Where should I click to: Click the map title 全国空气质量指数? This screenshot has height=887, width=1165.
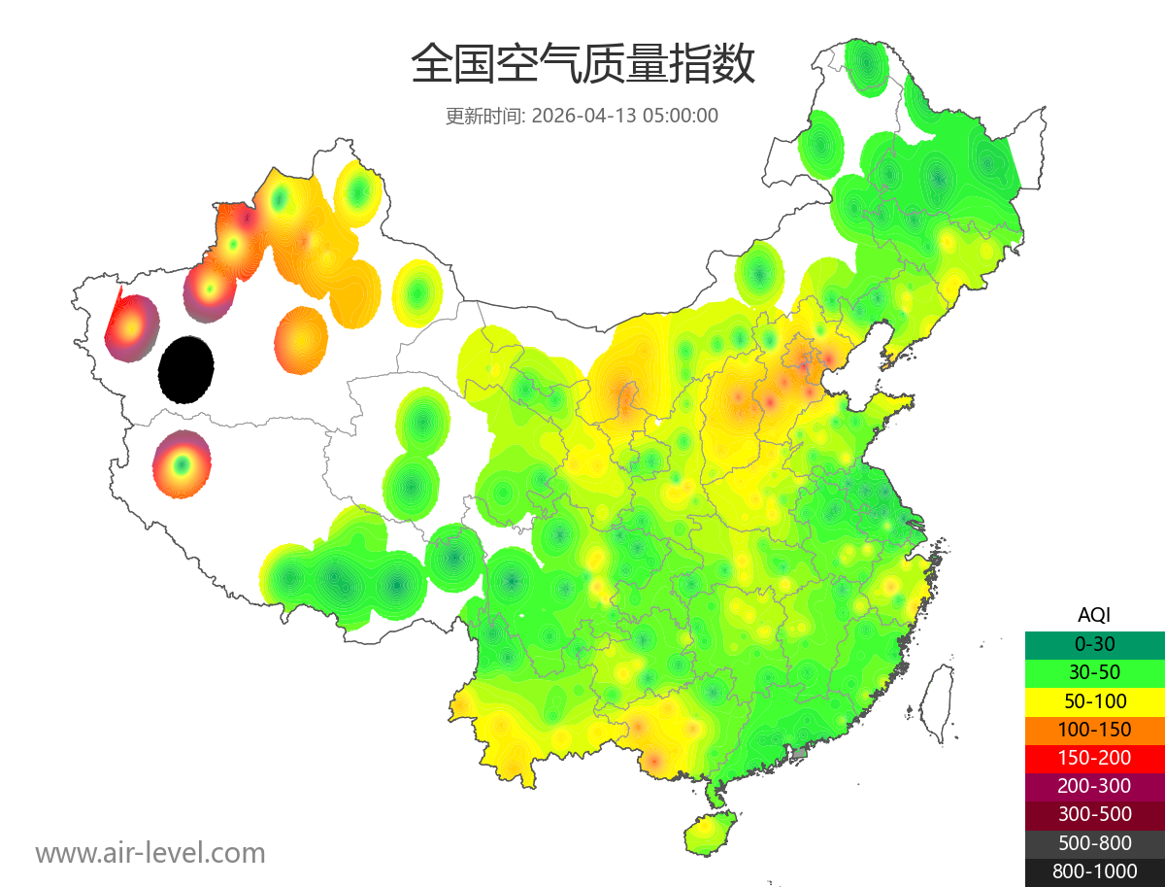[582, 64]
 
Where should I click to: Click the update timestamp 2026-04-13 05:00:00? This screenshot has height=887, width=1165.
[625, 116]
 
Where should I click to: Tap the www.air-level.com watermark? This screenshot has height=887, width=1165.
[150, 853]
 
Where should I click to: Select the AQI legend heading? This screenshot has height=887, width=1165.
[1094, 614]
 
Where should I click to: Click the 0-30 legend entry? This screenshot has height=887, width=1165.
[1094, 643]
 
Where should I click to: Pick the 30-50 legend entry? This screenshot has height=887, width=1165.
[1094, 671]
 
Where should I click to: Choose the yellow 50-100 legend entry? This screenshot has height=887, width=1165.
[1094, 700]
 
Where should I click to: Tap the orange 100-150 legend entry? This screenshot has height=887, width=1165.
[1094, 729]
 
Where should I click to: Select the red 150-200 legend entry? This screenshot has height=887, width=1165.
[1094, 757]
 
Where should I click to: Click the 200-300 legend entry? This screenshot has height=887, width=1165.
[1094, 786]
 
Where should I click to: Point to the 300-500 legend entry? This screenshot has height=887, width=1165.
[1094, 814]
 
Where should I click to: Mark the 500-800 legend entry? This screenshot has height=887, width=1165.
[1094, 843]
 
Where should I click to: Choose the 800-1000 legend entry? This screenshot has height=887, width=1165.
[1094, 871]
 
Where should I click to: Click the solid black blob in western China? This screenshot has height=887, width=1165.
[186, 369]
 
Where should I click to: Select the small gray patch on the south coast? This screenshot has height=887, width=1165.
[800, 752]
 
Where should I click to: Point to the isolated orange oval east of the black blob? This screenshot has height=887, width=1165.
[301, 340]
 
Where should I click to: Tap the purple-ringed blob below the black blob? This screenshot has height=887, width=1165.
[182, 464]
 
